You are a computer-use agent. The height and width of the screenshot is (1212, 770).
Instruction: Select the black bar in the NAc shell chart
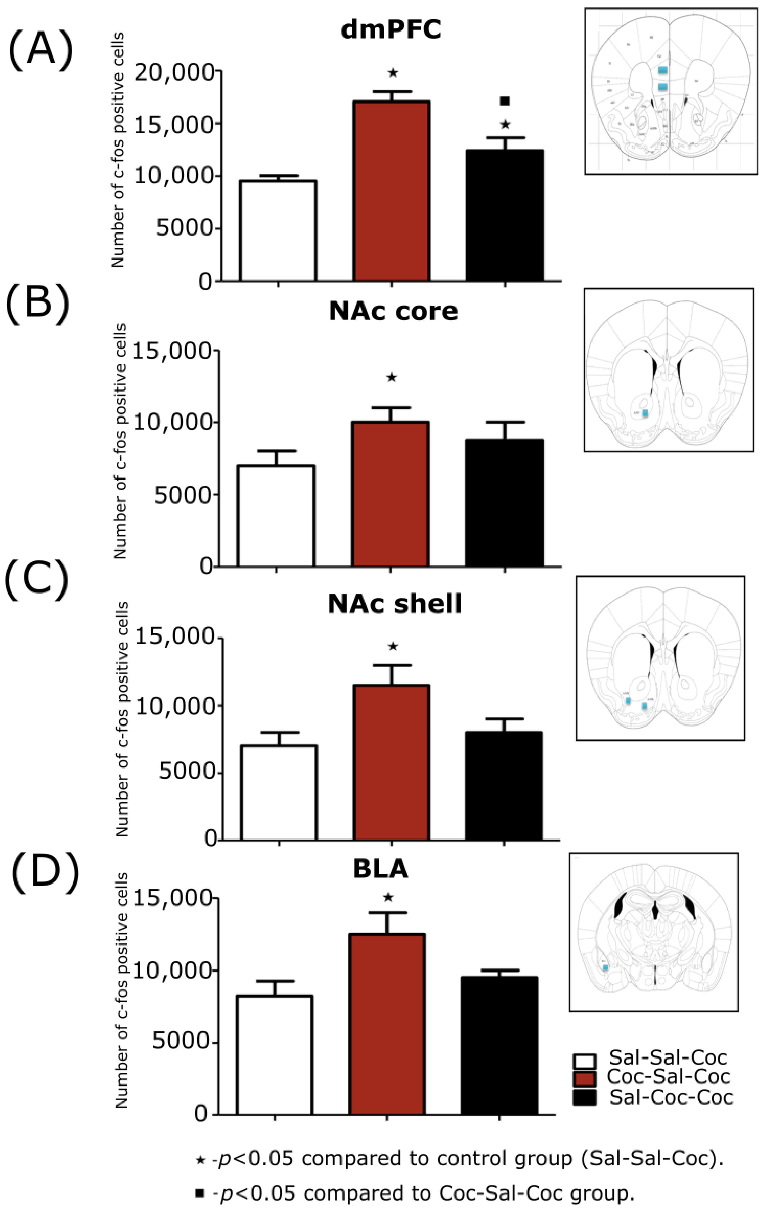(x=503, y=785)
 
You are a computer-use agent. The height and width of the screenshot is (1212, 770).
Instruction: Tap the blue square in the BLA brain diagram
(x=606, y=967)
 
